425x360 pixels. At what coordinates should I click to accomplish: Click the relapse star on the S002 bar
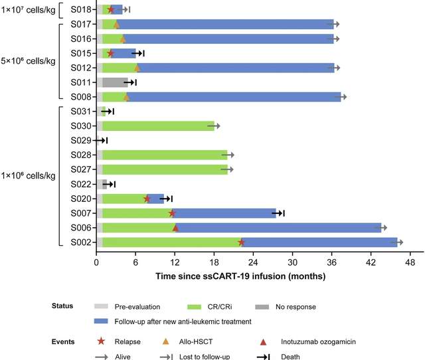click(241, 242)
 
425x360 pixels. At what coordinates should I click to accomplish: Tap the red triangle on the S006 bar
click(175, 228)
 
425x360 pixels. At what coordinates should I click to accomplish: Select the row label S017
click(83, 24)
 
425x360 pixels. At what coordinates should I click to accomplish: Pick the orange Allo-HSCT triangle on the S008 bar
click(126, 97)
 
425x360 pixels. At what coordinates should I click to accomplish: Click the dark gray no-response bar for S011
click(115, 82)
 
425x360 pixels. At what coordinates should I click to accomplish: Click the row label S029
click(83, 140)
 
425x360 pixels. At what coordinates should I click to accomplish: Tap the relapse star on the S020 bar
click(147, 199)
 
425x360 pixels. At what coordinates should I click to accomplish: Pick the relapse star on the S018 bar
click(110, 9)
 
